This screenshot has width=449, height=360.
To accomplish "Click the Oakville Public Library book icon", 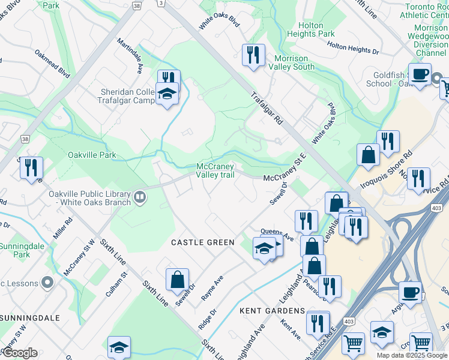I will (x=140, y=197).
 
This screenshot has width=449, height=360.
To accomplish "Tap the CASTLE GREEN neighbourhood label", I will (x=202, y=242).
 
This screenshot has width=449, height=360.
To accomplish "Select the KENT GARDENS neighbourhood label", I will (x=273, y=311).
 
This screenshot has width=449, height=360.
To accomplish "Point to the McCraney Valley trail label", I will (x=215, y=171).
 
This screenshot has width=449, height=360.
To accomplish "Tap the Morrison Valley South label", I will (x=294, y=62).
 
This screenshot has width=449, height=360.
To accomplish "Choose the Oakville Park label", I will (x=91, y=155).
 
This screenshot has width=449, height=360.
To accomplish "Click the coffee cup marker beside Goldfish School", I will (x=420, y=74).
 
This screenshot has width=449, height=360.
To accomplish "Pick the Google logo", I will (x=19, y=353).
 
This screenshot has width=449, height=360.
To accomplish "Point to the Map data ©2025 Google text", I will (x=411, y=355).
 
